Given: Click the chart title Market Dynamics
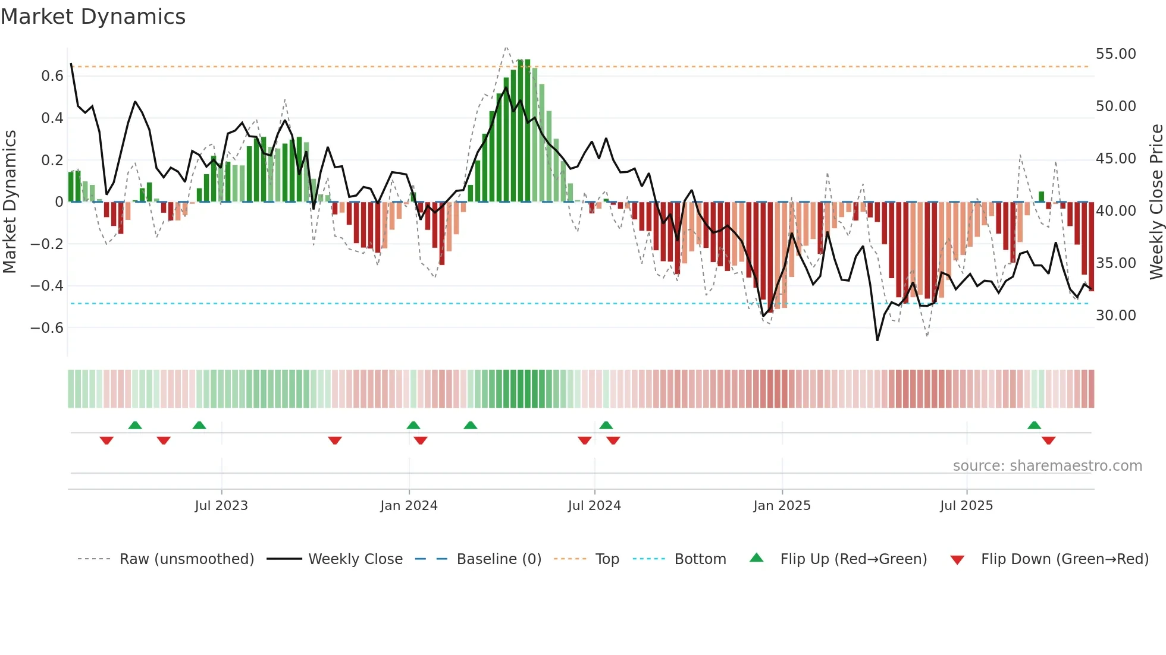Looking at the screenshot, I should [x=93, y=17].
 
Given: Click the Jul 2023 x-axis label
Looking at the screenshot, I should [x=221, y=505].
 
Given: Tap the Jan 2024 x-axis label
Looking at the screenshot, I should [x=409, y=505].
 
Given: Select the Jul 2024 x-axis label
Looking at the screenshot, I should [x=594, y=505].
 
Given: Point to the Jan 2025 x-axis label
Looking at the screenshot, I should [x=782, y=505].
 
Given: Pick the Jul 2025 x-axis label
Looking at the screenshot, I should [x=967, y=505].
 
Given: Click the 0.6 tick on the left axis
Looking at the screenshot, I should [x=52, y=76].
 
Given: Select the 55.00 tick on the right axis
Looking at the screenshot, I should [x=1115, y=54].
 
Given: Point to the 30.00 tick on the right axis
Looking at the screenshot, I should [x=1115, y=316].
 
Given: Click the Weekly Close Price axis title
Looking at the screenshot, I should [x=1156, y=202].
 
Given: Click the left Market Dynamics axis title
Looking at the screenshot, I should [x=10, y=202].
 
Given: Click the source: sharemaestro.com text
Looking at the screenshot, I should [x=1047, y=466].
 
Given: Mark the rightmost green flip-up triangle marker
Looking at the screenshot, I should [x=1034, y=426].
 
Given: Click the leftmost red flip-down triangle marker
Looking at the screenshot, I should [x=106, y=440].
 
